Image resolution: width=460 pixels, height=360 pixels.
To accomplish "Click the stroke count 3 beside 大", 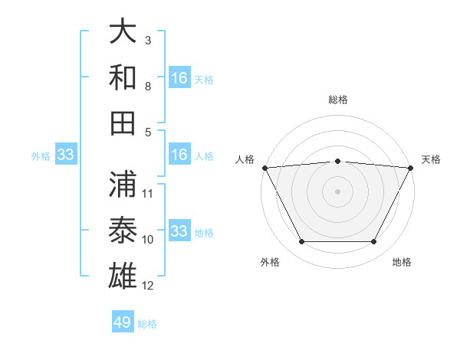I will coord(148,40).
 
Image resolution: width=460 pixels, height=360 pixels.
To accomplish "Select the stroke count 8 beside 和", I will coord(148,86).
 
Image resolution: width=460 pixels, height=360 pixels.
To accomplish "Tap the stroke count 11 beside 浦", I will coord(148,193).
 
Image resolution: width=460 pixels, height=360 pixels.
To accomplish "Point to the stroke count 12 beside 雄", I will coord(148,286).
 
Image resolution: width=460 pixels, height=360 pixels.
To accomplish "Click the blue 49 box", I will coord(123,322).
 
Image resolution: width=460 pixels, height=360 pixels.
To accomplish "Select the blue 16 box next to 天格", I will coord(179,77).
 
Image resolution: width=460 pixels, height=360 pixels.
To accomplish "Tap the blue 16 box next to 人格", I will coord(179,155).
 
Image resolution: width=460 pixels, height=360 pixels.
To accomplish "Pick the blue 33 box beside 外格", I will coord(66,155).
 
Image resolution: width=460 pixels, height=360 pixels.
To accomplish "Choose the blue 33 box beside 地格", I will coord(179,231).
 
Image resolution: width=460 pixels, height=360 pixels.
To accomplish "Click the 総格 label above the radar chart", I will coord(338,100).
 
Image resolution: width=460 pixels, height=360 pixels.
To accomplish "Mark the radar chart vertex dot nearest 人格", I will coord(264,167).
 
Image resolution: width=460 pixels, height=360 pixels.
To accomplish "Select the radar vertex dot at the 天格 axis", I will coord(412,167).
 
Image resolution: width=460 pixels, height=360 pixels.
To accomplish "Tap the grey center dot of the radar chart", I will coord(338,191).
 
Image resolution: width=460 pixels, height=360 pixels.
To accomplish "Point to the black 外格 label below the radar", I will coord(270,262).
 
